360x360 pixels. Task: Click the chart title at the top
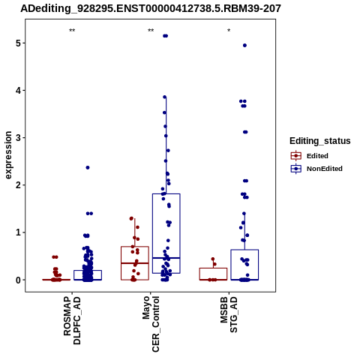(151, 8)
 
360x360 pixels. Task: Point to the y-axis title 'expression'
(8, 155)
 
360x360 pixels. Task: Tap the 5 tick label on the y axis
(18, 43)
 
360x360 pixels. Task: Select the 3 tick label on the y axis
(18, 138)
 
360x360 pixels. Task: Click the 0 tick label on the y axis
(18, 280)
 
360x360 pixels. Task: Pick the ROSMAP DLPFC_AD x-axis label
(72, 320)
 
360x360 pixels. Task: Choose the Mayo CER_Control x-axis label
(151, 324)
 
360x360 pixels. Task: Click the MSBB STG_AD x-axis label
(229, 314)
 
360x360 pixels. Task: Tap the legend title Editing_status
(320, 141)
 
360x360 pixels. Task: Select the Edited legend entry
(310, 156)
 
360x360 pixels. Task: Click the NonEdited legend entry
(316, 169)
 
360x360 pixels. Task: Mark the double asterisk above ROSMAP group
(72, 31)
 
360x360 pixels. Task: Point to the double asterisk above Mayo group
(151, 31)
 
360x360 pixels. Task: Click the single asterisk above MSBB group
(229, 31)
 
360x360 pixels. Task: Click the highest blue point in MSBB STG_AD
(244, 45)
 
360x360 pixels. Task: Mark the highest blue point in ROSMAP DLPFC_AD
(88, 167)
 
